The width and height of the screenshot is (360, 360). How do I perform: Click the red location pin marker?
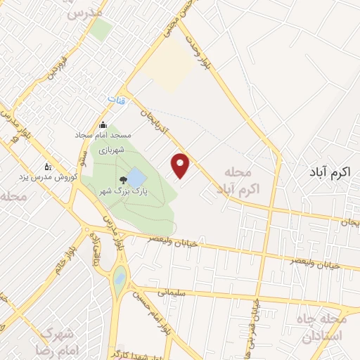pos(181,165)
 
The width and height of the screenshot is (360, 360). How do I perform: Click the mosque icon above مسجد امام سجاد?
pos(103,124)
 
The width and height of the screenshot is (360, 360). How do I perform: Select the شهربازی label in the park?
pos(110,150)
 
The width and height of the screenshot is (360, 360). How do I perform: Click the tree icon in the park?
pos(124,180)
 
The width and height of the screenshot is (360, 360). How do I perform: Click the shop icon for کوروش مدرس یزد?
pos(48,167)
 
